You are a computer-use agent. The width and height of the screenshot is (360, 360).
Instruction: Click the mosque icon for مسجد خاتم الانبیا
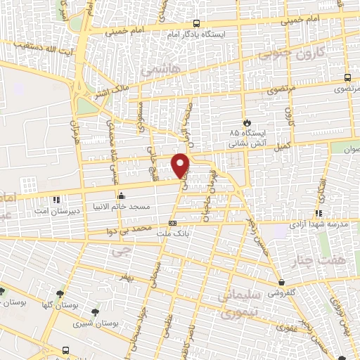pos(122,195)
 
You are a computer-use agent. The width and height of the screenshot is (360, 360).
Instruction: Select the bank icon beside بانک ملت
pos(173,224)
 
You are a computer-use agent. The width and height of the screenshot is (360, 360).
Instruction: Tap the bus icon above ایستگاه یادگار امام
pos(196,23)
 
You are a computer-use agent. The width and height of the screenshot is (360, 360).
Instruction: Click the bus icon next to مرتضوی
pos(347,78)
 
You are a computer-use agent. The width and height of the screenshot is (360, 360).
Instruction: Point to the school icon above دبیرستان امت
pos(56,199)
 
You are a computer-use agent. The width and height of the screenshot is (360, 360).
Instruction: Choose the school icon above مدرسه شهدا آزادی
pos(319,213)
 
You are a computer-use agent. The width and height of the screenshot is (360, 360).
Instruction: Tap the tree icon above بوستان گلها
pos(3,292)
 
